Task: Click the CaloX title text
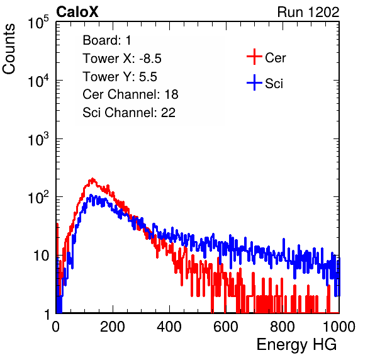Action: (x=77, y=12)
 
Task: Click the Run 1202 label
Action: (x=308, y=12)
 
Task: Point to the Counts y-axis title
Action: (x=9, y=49)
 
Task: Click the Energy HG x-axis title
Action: (x=296, y=345)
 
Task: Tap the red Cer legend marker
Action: (x=254, y=57)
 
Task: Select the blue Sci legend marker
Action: (x=254, y=83)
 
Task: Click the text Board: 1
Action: (x=107, y=40)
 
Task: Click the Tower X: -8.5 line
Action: (x=122, y=59)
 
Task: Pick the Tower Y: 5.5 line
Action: (x=120, y=77)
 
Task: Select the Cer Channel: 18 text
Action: (x=130, y=94)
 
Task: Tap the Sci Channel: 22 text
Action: (x=129, y=113)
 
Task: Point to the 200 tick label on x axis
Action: (x=113, y=327)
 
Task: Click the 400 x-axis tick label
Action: (x=169, y=327)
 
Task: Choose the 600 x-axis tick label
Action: (x=226, y=327)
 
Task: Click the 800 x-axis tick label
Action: (x=283, y=327)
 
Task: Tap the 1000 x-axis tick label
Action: (x=339, y=327)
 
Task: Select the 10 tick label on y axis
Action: (x=41, y=256)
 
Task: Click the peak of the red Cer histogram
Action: (x=92, y=179)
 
